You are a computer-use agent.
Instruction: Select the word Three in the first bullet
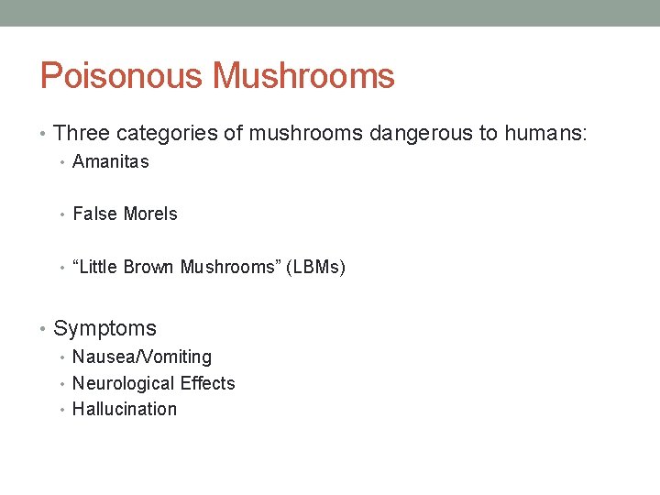82,134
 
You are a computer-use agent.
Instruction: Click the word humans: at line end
544,134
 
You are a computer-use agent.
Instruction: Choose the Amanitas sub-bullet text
110,162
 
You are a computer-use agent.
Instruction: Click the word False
95,214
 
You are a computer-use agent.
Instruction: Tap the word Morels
150,214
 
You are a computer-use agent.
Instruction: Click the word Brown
149,267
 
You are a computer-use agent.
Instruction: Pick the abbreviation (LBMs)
317,267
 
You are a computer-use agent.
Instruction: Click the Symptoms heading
104,328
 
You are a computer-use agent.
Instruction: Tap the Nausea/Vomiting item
141,357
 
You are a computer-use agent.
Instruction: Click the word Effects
207,383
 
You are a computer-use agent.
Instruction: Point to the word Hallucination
125,409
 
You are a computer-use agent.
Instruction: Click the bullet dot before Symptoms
44,329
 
